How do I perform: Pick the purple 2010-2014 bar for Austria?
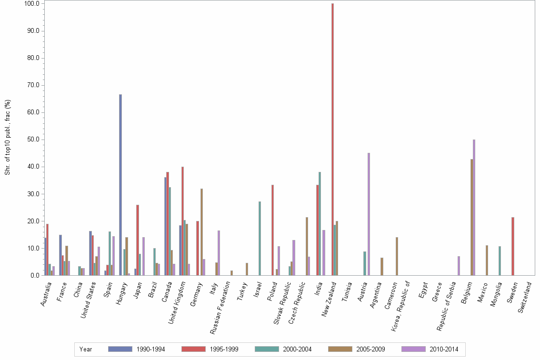point(369,214)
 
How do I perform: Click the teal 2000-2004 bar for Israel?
point(260,238)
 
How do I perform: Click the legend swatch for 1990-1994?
point(120,349)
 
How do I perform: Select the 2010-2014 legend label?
point(443,349)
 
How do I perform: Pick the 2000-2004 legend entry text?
point(297,349)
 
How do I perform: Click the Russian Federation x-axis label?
point(220,305)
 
